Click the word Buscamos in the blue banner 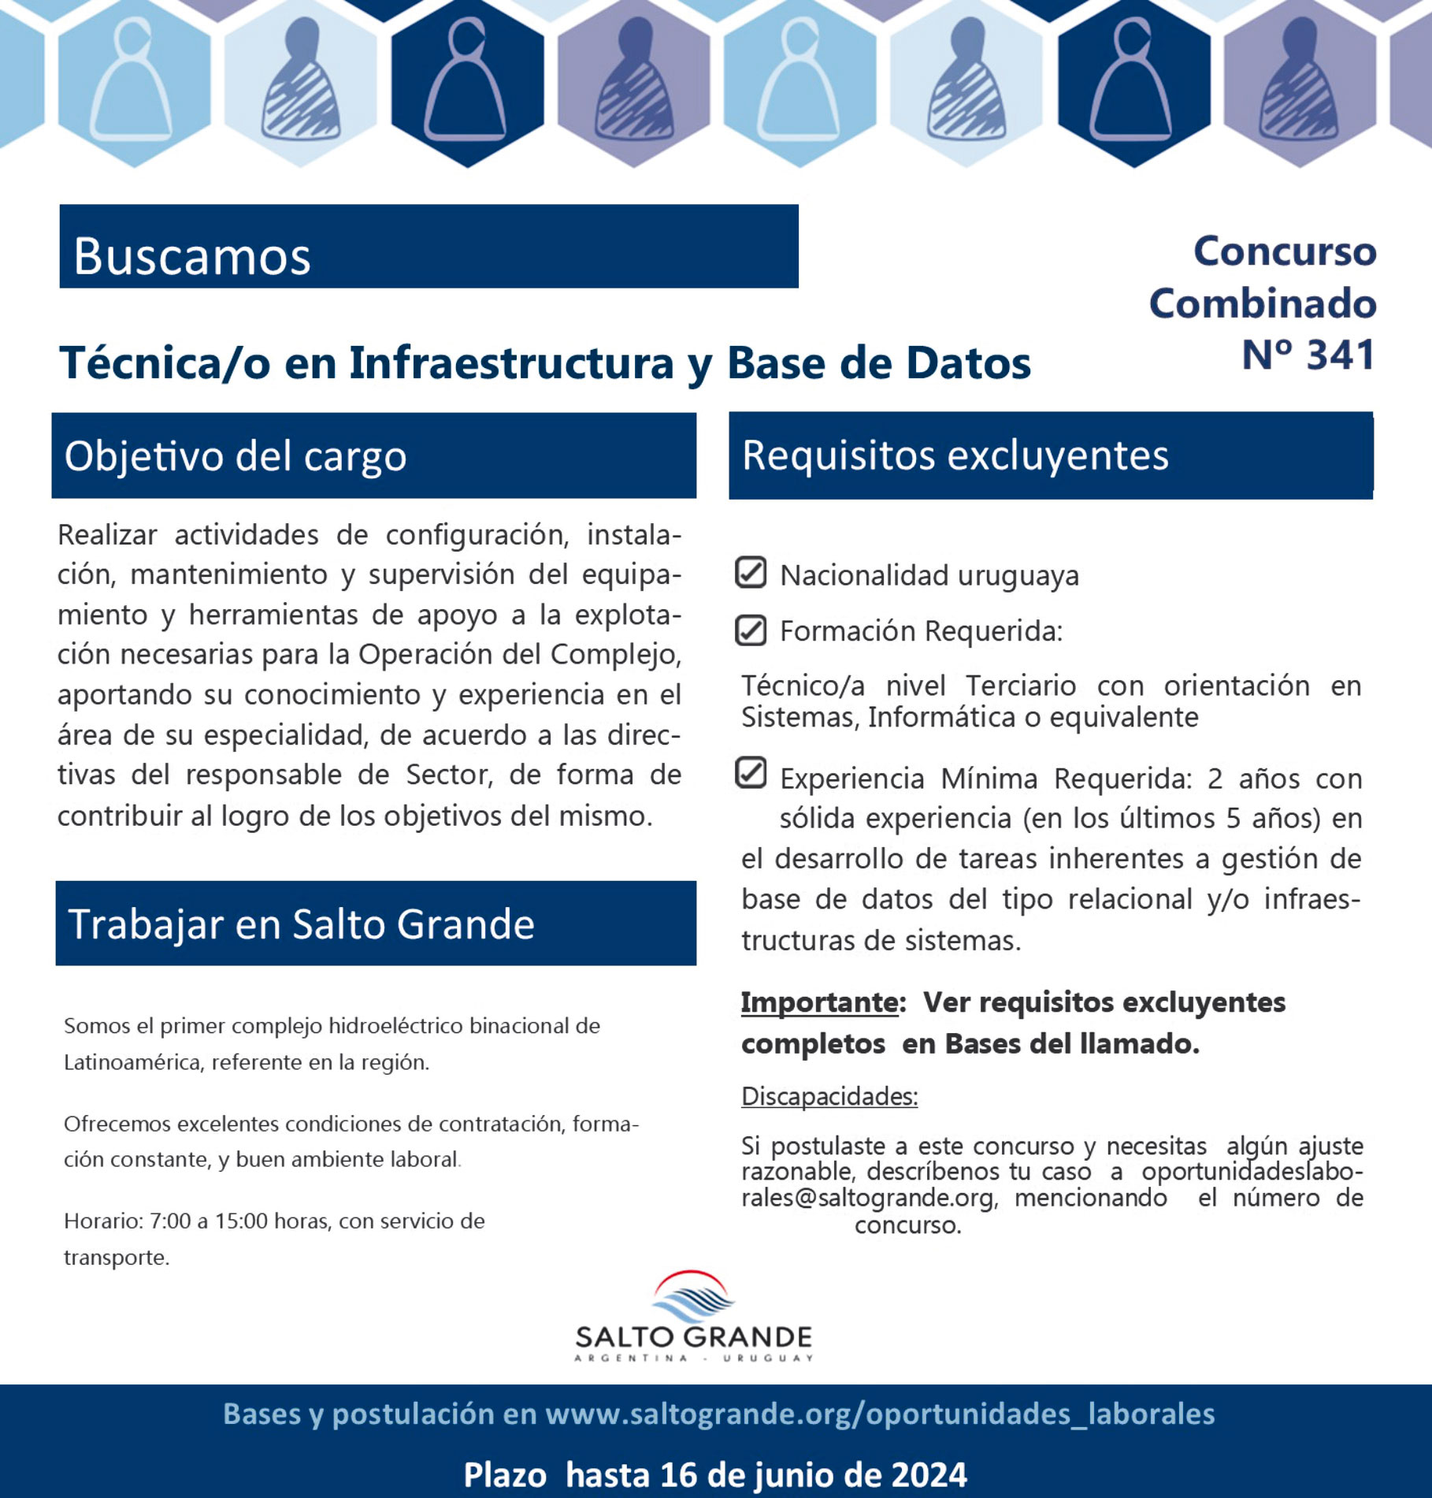(191, 256)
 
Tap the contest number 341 (1340, 355)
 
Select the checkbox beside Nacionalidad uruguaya (750, 573)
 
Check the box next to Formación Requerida (750, 630)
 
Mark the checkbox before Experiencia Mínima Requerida (750, 773)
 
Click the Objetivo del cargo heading (235, 456)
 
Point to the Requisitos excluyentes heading (955, 455)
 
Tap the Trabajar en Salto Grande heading (301, 924)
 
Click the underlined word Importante (818, 1002)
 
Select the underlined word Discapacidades (829, 1096)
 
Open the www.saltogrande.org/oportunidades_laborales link (879, 1414)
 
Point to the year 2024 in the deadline (929, 1474)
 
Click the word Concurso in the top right (1284, 252)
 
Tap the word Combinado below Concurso (1262, 304)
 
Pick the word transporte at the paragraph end (115, 1258)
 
